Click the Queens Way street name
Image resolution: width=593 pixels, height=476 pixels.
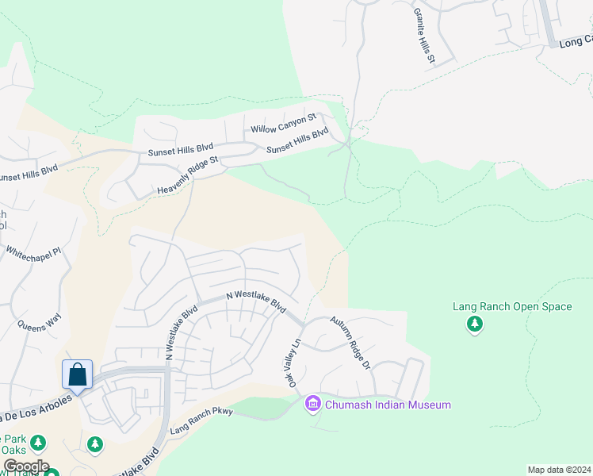[39, 321]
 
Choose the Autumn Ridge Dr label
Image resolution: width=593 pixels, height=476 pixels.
[350, 342]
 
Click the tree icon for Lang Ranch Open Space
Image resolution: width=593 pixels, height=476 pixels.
[474, 324]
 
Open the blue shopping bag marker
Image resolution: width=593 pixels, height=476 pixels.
[78, 374]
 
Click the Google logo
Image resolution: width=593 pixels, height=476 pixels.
[26, 466]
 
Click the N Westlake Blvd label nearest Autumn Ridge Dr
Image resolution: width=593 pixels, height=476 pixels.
[255, 301]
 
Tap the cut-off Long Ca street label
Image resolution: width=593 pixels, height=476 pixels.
[576, 40]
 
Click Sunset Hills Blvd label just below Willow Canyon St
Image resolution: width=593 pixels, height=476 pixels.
[297, 141]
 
